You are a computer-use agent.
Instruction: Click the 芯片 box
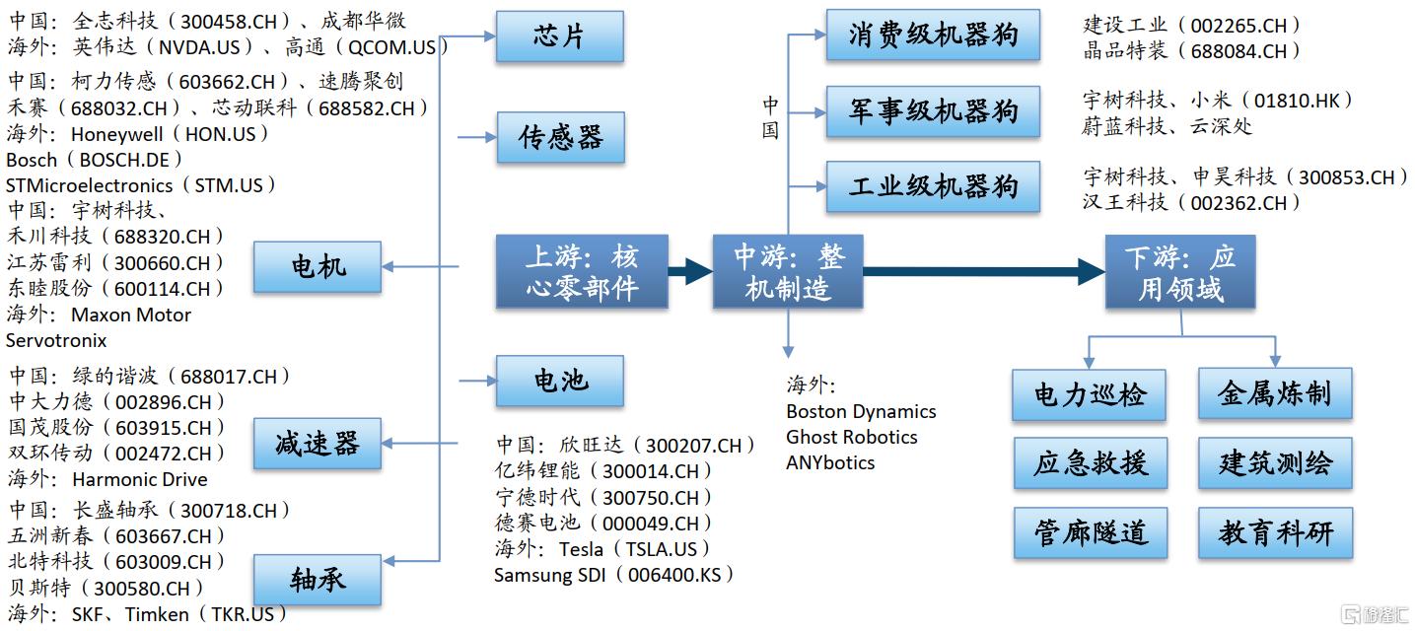(x=559, y=36)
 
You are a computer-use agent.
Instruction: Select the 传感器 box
(x=559, y=137)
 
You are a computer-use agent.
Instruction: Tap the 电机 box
(x=318, y=266)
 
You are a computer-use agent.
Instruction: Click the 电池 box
(x=559, y=381)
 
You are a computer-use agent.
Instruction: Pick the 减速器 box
(x=318, y=443)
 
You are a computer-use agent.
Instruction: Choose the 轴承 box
(x=318, y=579)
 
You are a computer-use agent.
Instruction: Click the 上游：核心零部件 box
(x=582, y=271)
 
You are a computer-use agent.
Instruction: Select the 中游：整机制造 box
(x=787, y=271)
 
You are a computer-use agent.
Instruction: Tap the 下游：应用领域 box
(x=1179, y=271)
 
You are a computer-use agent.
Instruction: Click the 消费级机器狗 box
(x=932, y=36)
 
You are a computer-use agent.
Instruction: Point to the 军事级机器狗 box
(x=932, y=110)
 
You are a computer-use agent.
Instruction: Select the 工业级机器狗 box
(x=932, y=186)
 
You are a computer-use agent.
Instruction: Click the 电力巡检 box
(x=1089, y=395)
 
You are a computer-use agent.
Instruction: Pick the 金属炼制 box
(x=1274, y=394)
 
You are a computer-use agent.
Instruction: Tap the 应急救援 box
(x=1089, y=463)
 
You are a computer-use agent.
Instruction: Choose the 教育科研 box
(x=1274, y=533)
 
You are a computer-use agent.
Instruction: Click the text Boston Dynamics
(x=861, y=411)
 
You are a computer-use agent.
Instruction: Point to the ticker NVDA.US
(x=208, y=46)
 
